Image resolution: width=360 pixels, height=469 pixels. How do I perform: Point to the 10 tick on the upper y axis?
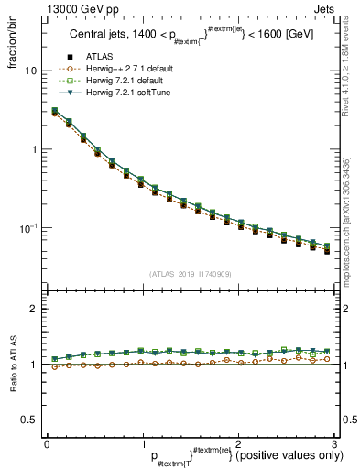(31, 71)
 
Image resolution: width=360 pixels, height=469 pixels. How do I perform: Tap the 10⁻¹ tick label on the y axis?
(27, 227)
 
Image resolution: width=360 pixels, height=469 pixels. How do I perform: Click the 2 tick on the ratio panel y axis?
(34, 310)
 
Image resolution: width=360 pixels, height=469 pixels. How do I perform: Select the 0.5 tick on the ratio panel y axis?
(29, 420)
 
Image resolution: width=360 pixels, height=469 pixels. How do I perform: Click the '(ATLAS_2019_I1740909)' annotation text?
(190, 274)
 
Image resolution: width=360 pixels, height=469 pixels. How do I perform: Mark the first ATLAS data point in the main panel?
(55, 113)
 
